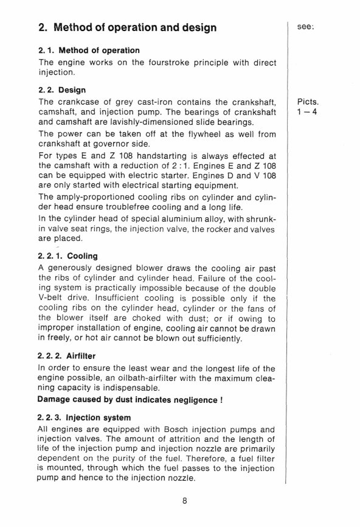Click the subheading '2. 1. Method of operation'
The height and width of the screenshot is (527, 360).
coord(89,51)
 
